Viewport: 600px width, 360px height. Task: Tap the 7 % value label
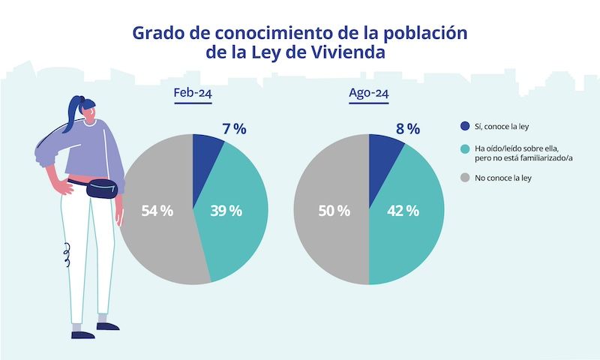pos(234,128)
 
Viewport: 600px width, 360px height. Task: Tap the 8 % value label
pos(407,128)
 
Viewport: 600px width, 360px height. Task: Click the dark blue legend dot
pos(464,126)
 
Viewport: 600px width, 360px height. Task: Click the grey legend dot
pos(464,178)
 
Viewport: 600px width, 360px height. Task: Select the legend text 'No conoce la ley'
pos(502,178)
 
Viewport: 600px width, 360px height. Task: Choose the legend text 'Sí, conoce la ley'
pos(503,126)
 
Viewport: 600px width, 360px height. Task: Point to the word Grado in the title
pos(157,33)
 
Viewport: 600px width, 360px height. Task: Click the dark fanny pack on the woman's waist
pos(102,188)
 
